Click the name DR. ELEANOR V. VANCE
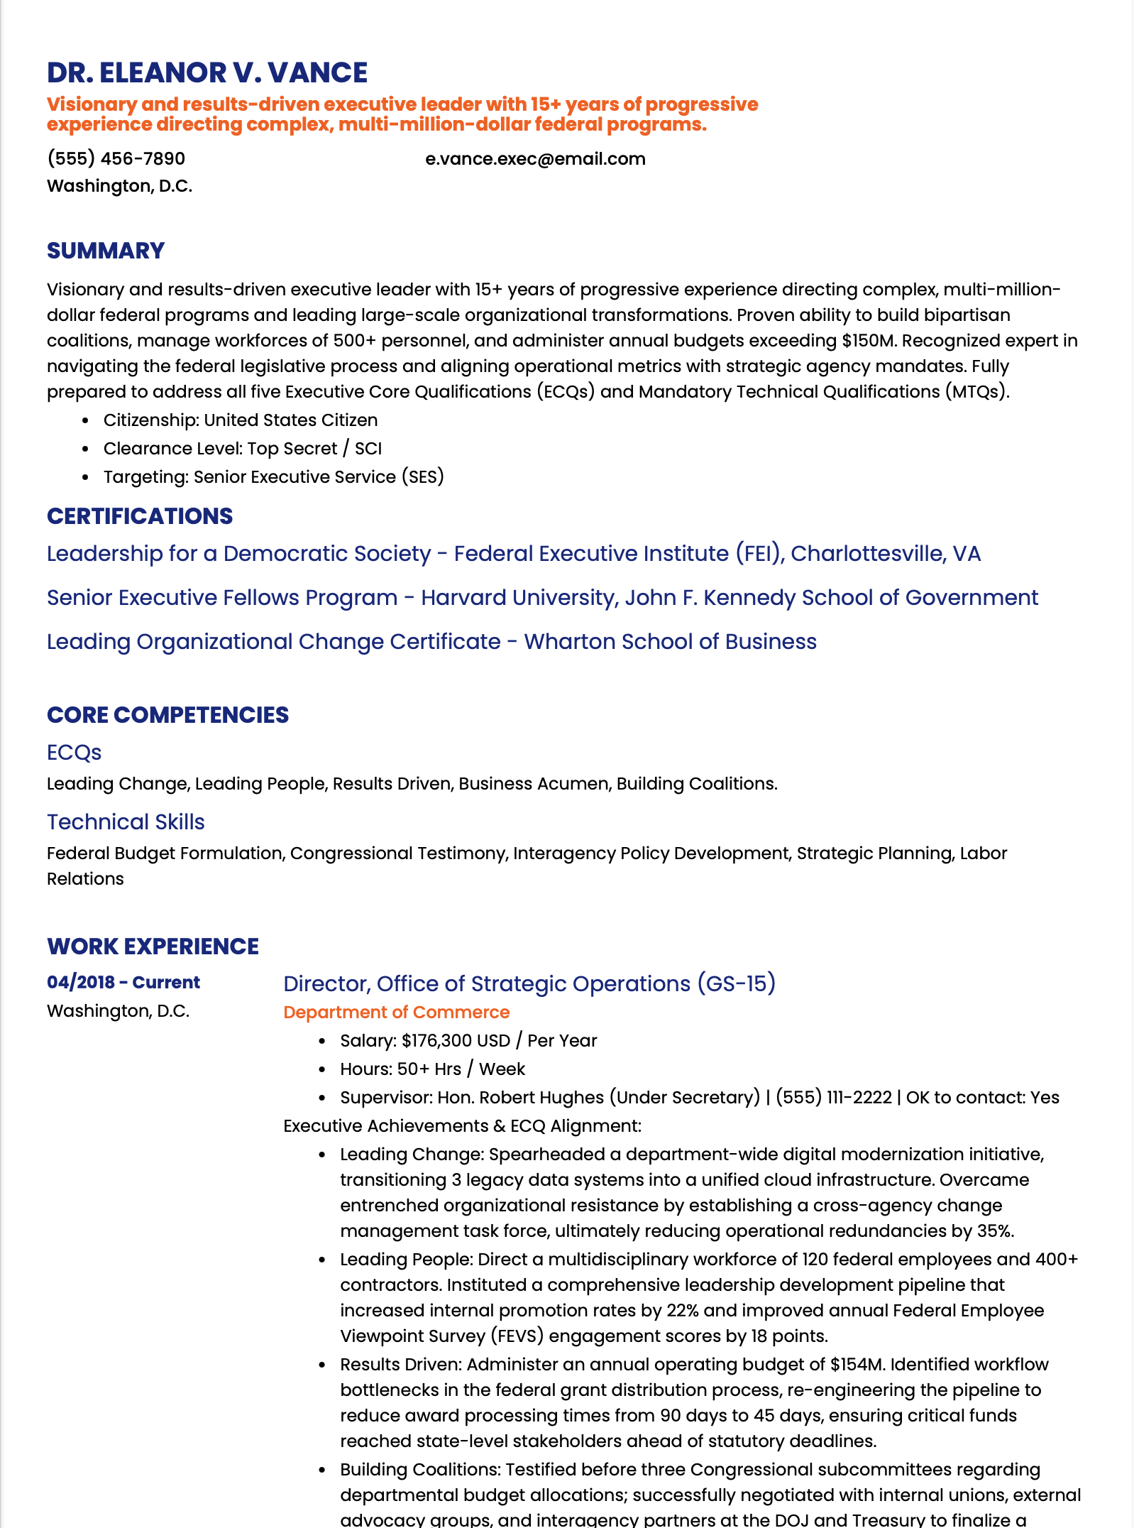(x=207, y=72)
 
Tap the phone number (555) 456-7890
(x=116, y=158)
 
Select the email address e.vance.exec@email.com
(x=535, y=158)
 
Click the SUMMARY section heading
(x=106, y=251)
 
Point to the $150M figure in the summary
(x=869, y=341)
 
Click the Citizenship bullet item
(x=240, y=420)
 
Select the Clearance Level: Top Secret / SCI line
(x=242, y=449)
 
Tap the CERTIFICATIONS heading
(x=140, y=516)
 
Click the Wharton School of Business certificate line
(x=431, y=642)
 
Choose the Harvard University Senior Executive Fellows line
(x=542, y=598)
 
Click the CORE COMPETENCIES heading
(x=167, y=715)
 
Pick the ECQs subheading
(x=74, y=753)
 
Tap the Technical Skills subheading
(x=126, y=822)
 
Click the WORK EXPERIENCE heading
(x=153, y=946)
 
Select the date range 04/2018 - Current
(x=123, y=983)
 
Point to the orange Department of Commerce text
(x=396, y=1013)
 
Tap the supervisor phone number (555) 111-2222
(x=833, y=1098)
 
